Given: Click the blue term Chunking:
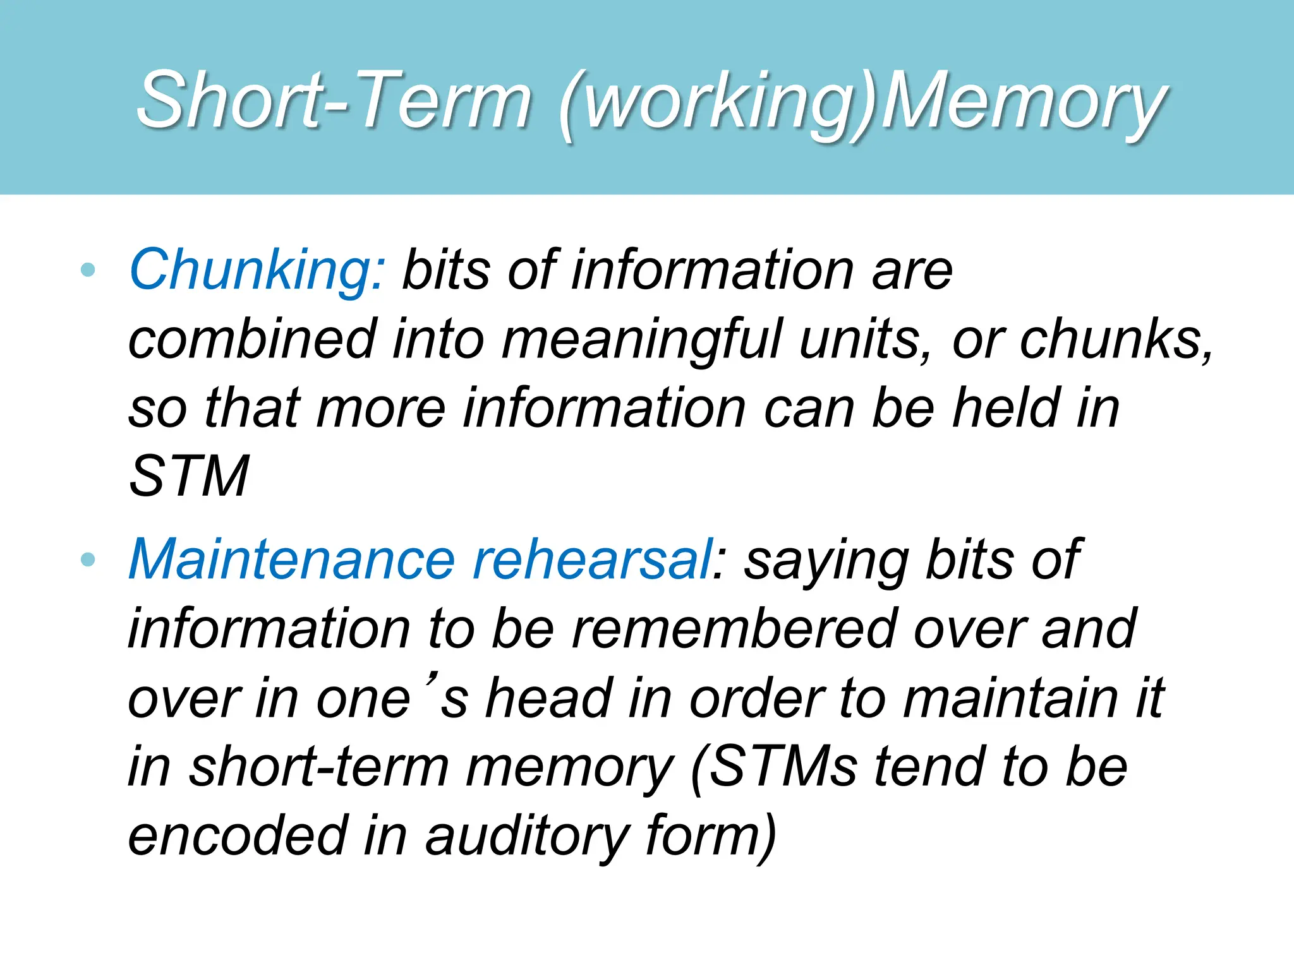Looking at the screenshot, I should pyautogui.click(x=256, y=270).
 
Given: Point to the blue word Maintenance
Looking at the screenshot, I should pyautogui.click(x=291, y=560).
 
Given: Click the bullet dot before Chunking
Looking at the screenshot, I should pyautogui.click(x=88, y=270).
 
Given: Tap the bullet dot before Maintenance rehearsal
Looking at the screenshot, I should pyautogui.click(x=88, y=560).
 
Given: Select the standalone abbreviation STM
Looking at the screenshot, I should pyautogui.click(x=188, y=476).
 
